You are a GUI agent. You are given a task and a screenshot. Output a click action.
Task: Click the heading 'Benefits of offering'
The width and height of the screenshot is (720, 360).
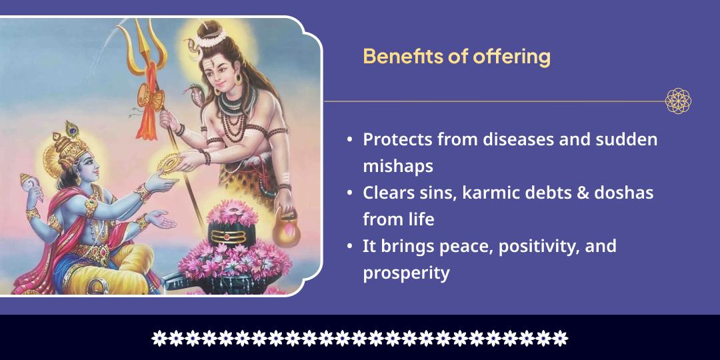457,57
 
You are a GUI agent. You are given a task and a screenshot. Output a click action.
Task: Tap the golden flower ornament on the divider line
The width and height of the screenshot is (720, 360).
678,101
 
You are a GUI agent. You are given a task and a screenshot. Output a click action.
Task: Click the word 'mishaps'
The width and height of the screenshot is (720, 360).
398,166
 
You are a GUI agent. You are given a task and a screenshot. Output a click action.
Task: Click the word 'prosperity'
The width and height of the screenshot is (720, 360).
406,273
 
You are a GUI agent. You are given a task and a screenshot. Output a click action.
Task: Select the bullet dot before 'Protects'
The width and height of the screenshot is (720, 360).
350,140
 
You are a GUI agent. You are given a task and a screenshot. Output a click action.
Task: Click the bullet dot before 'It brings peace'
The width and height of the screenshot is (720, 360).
350,247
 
